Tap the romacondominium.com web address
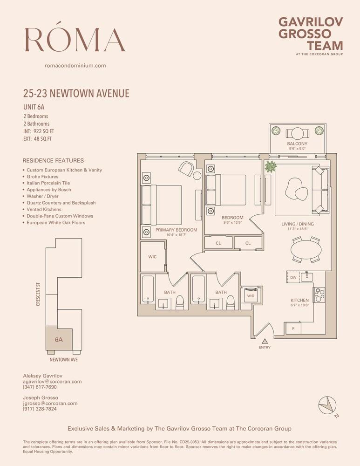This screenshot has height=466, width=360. coord(75,65)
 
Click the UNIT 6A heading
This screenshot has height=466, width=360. coord(34,107)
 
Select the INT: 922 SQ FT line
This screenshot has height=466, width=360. coord(39,131)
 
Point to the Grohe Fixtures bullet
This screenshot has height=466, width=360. coord(42,177)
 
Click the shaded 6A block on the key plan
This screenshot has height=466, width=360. coord(59,339)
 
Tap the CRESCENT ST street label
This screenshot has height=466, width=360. coord(38,294)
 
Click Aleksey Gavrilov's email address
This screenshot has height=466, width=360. coord(52,381)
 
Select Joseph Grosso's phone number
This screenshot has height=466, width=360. coord(40,409)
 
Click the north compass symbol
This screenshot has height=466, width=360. coord(327,405)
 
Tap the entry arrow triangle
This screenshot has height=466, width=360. coord(265,342)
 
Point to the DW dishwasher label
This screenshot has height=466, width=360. coord(293,278)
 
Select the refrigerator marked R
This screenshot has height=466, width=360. coord(293,329)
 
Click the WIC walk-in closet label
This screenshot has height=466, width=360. coord(152,257)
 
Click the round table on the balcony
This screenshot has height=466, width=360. coord(297,133)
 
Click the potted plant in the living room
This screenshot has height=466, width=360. coord(271,167)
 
